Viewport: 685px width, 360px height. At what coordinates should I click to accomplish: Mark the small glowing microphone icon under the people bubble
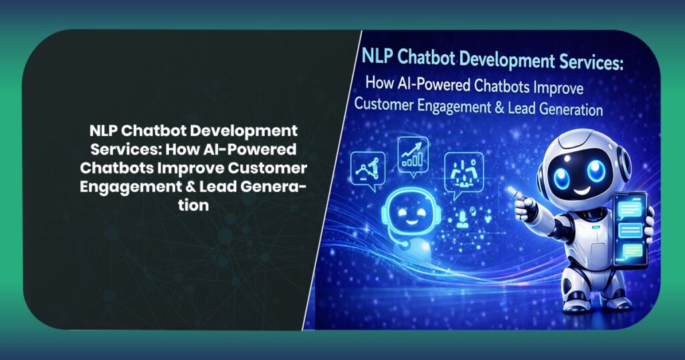[462, 216]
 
